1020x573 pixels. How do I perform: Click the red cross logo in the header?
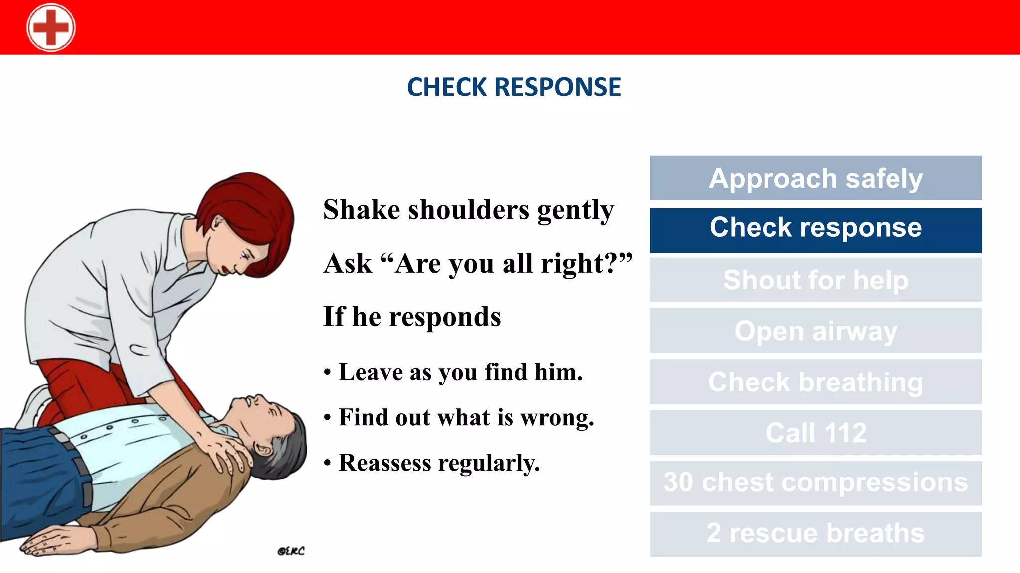click(x=51, y=27)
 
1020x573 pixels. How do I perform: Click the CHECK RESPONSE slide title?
click(x=514, y=87)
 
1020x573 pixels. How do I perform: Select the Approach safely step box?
click(x=815, y=178)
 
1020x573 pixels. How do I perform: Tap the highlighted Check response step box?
click(x=815, y=229)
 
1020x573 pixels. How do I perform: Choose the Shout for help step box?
click(x=815, y=280)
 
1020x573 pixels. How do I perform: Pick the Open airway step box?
click(x=815, y=331)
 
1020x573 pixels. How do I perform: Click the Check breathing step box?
click(x=815, y=382)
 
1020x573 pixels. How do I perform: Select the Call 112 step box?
click(x=815, y=433)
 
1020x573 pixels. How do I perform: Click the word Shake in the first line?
click(x=362, y=210)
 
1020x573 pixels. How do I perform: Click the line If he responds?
click(x=412, y=317)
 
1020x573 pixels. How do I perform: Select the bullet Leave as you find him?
click(x=460, y=372)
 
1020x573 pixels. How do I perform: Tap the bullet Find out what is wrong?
click(x=466, y=418)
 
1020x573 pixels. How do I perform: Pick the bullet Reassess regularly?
click(x=439, y=463)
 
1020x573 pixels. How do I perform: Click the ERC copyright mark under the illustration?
click(x=291, y=551)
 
